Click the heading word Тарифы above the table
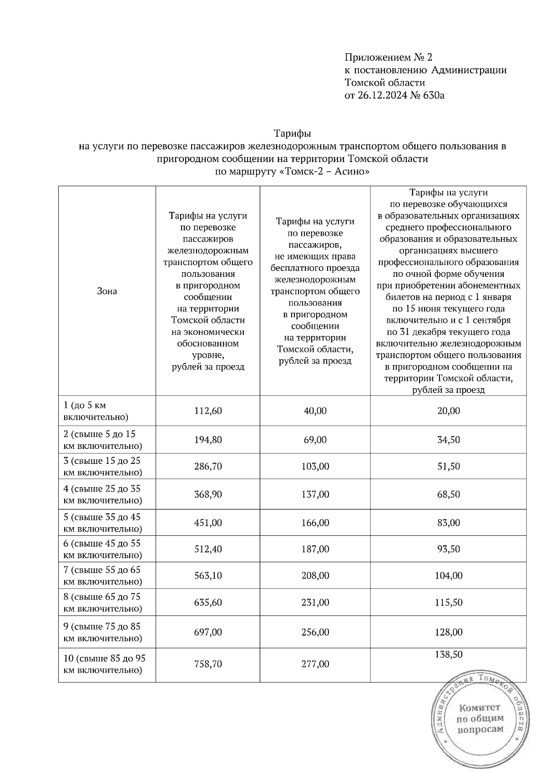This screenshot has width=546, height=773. point(292,134)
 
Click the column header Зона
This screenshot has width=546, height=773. point(107,291)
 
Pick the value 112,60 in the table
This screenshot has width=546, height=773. point(208,411)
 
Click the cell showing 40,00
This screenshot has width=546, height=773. point(315,411)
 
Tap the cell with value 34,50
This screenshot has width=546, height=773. point(448,440)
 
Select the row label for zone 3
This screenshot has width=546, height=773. point(102,466)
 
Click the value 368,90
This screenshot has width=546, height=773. point(208,494)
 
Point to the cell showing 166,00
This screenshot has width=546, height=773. point(315,523)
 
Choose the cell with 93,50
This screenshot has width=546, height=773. point(448,549)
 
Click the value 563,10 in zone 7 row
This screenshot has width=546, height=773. point(208,575)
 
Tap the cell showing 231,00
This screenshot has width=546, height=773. point(315,602)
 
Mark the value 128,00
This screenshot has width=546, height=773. point(448,632)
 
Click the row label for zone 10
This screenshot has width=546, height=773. point(104,664)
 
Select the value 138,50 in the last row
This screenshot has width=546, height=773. point(448,655)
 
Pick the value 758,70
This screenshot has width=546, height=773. point(208,664)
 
